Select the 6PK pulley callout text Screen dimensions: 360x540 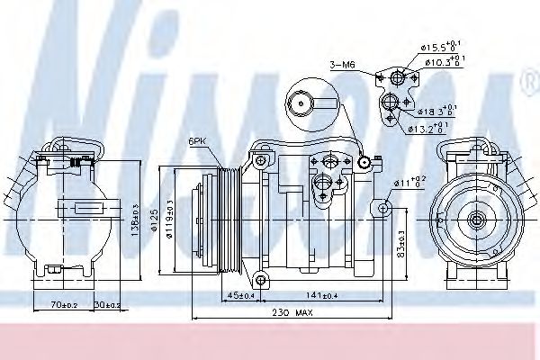(198, 141)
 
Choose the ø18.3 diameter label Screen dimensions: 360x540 (437, 111)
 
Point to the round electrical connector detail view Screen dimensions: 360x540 (309, 103)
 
